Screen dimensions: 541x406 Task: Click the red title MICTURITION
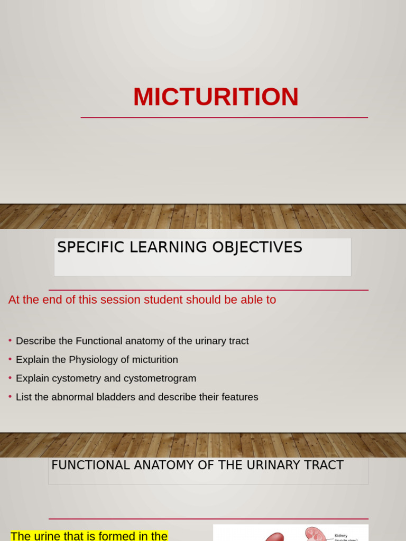click(x=216, y=97)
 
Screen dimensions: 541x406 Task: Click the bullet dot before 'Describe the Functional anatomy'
click(x=10, y=340)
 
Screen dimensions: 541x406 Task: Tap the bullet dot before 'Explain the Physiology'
click(x=10, y=359)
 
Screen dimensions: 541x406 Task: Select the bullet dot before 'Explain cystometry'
click(x=10, y=378)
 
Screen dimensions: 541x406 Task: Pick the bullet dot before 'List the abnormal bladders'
click(x=10, y=396)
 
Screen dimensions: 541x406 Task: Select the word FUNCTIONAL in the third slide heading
click(x=90, y=465)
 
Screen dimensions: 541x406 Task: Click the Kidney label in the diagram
click(x=341, y=535)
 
